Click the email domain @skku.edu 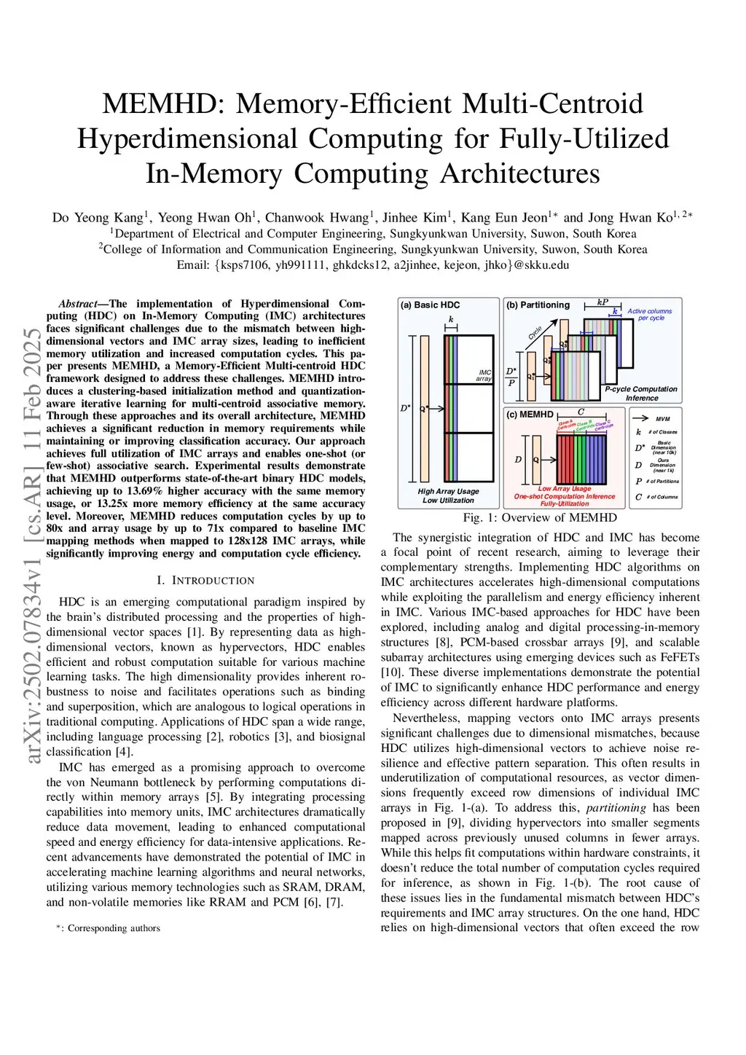[x=541, y=264]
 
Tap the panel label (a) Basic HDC [x=430, y=305]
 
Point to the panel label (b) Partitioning [x=538, y=305]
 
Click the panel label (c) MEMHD [x=530, y=415]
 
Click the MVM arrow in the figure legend [x=641, y=419]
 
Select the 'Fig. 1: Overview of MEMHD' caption [x=540, y=517]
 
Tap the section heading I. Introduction [x=205, y=581]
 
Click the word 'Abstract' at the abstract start [x=77, y=304]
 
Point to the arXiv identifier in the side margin [x=32, y=546]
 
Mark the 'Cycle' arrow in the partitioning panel [x=535, y=334]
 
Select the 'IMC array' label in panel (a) [x=484, y=375]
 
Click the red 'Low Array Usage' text [x=564, y=489]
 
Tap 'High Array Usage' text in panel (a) [x=448, y=491]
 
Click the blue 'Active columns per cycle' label [x=650, y=314]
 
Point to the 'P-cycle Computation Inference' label [x=641, y=393]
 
